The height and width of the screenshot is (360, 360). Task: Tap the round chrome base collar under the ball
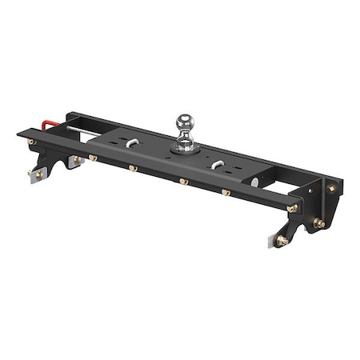pos(185,145)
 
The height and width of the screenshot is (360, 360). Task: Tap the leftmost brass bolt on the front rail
pos(32,142)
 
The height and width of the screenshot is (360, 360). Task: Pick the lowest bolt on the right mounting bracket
pos(282,240)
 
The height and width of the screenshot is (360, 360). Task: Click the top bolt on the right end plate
pos(330,188)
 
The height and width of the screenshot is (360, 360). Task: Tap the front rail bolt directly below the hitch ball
pos(184,182)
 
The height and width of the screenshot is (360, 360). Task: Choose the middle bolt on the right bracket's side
pos(318,223)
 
